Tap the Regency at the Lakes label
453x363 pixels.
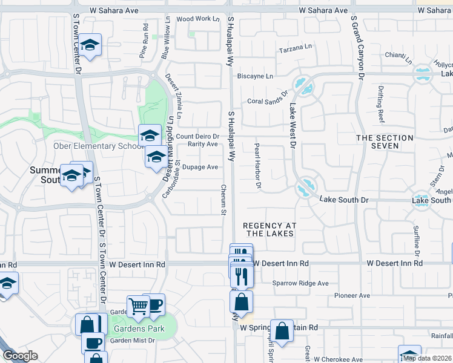268,229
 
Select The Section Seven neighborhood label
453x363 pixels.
385,142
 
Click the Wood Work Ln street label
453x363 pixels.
198,19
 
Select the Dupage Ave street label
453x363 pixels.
200,167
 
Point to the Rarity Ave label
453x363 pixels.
202,144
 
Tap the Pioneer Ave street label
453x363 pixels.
352,295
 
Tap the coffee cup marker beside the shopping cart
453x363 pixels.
154,304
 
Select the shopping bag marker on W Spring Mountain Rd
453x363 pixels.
282,330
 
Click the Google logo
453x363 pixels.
19,356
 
